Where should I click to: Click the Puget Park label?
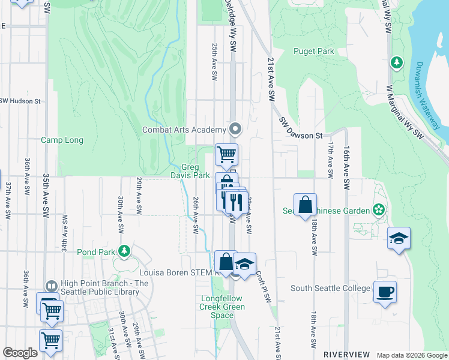[x=313, y=52]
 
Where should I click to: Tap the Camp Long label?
[x=62, y=140]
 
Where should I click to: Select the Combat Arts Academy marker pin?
[x=235, y=129]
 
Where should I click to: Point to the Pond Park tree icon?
[x=124, y=250]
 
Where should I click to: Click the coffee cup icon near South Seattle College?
[x=385, y=292]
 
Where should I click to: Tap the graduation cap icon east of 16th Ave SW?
[x=399, y=238]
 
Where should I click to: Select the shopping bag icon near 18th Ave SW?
[x=305, y=205]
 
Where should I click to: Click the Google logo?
[x=20, y=353]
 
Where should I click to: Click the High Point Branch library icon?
[x=52, y=284]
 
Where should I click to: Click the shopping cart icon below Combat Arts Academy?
[x=226, y=155]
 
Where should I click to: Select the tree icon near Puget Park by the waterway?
[x=396, y=62]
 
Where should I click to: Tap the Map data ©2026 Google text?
[x=411, y=355]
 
